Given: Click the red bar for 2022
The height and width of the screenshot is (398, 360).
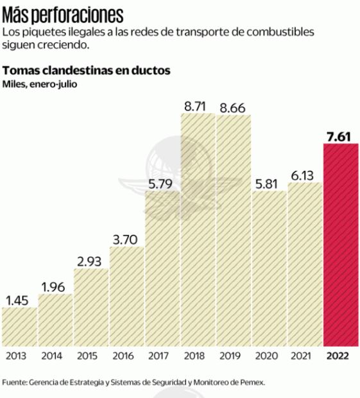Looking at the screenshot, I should [341, 244].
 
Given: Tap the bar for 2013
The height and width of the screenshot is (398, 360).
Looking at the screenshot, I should [19, 326].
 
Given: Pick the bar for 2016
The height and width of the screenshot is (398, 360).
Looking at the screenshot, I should [126, 295].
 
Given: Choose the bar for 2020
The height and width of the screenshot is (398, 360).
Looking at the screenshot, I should [269, 268].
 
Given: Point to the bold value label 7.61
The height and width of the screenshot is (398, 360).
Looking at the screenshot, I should [341, 135].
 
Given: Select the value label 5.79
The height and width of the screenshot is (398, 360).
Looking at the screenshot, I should [162, 183].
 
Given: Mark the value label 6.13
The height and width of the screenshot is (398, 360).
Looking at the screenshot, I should [305, 174].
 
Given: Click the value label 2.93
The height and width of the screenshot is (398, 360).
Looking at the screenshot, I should [90, 261].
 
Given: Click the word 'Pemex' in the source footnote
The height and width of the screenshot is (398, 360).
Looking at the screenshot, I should [251, 382].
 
